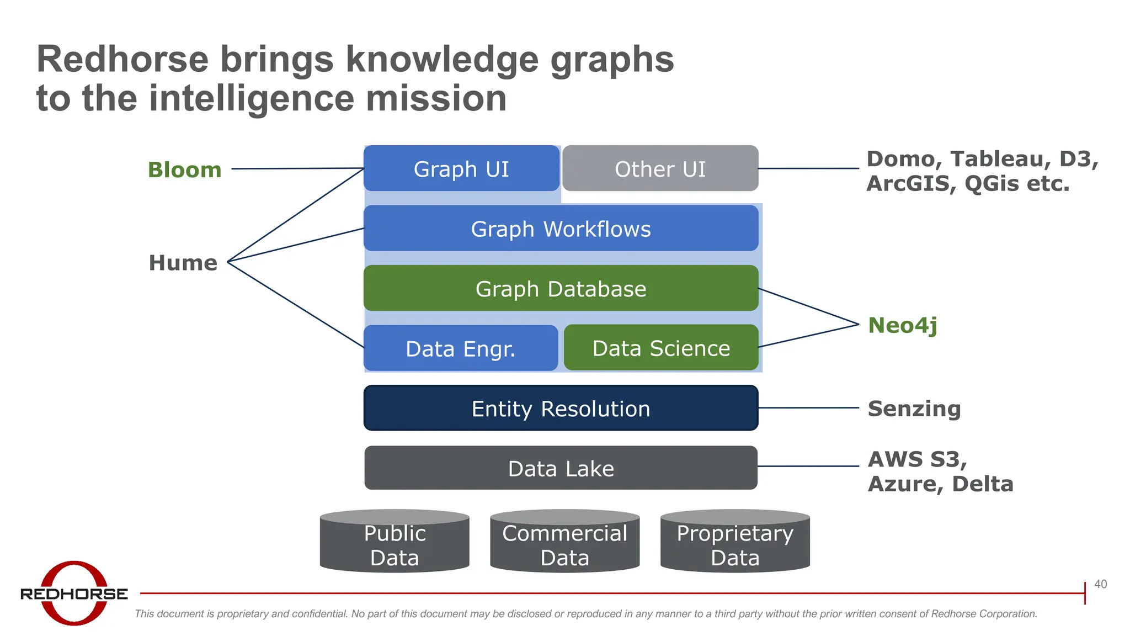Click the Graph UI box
461,169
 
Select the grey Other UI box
660,169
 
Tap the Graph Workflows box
561,229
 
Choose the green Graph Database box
561,289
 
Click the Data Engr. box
460,348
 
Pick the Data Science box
661,348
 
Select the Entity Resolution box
561,409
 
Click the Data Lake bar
561,468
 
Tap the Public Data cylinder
395,544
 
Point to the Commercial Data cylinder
564,544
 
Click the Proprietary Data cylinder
735,544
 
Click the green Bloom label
184,169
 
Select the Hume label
183,262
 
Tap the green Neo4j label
902,325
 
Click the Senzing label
914,409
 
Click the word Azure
904,484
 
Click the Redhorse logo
74,593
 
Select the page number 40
1100,584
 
